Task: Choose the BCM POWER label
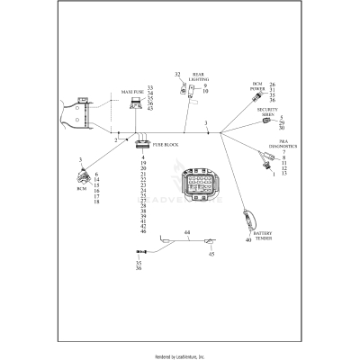[x=257, y=87]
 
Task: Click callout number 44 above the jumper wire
[x=186, y=233]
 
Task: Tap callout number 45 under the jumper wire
[x=212, y=255]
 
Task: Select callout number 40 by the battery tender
[x=247, y=239]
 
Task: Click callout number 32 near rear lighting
[x=177, y=75]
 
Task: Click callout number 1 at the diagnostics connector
[x=274, y=173]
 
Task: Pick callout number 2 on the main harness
[x=115, y=141]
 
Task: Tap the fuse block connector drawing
[x=142, y=142]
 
